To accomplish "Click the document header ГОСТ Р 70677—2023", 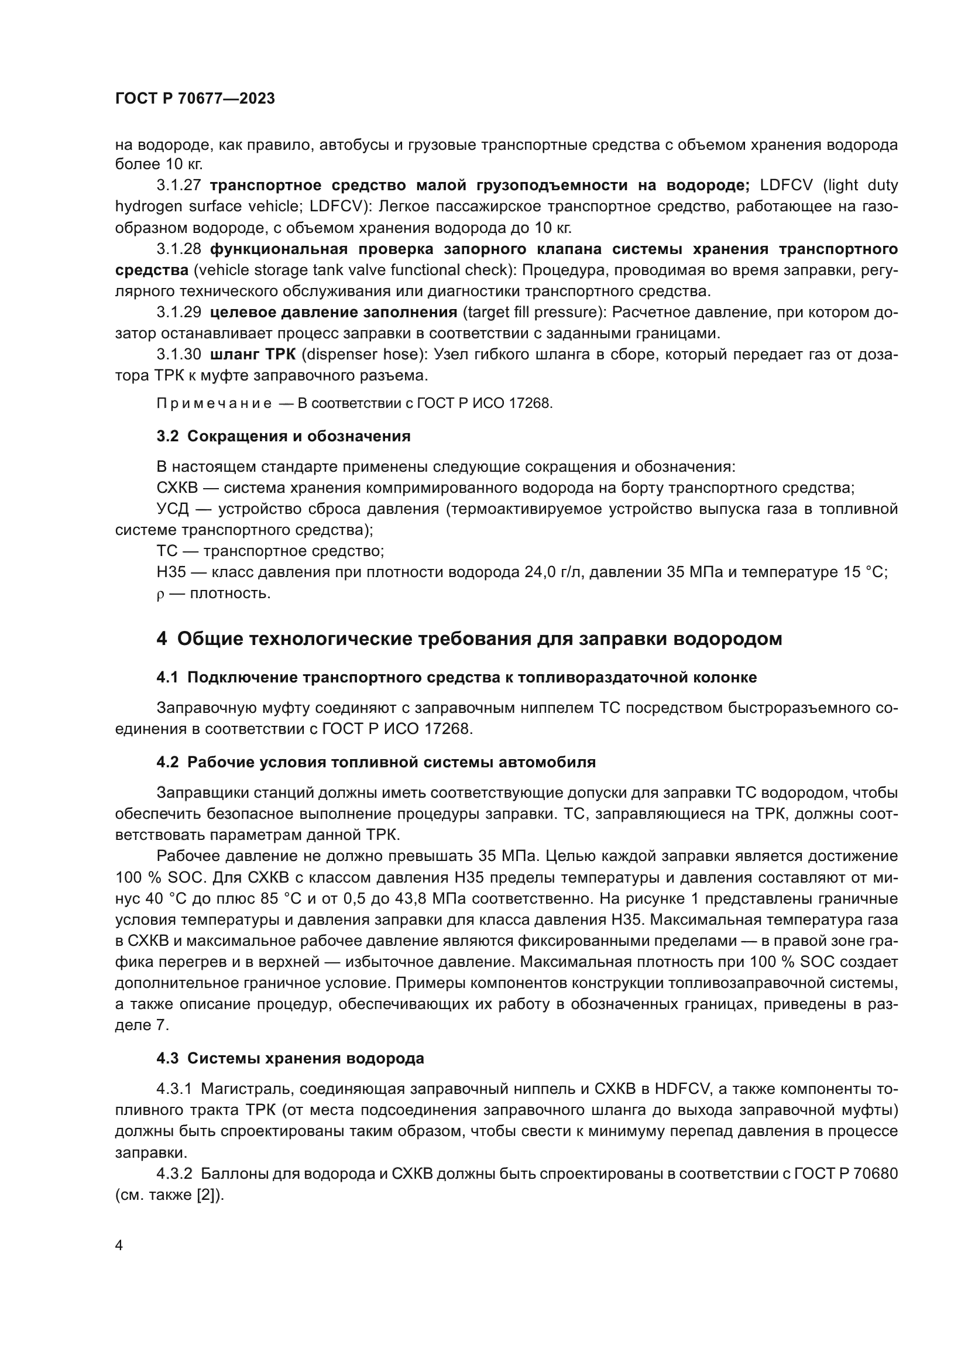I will pyautogui.click(x=195, y=99).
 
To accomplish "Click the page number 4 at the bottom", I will pyautogui.click(x=119, y=1246).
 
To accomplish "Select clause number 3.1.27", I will pyautogui.click(x=179, y=185).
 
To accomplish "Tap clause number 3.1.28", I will pyautogui.click(x=179, y=249).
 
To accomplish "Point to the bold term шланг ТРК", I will pyautogui.click(x=253, y=354).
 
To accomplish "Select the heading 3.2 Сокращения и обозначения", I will pyautogui.click(x=284, y=436).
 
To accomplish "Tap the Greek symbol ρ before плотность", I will pyautogui.click(x=160, y=595).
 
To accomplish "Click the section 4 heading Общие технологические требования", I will pyautogui.click(x=470, y=639).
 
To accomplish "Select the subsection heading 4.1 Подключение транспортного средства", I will pyautogui.click(x=456, y=677).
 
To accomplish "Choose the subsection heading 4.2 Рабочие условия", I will pyautogui.click(x=376, y=762).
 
